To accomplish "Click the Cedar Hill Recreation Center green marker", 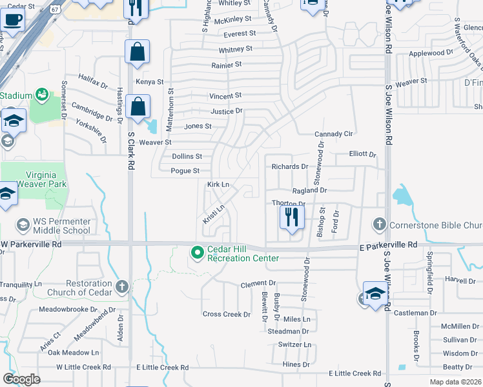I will pyautogui.click(x=198, y=252).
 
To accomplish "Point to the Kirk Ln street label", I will pyautogui.click(x=218, y=184).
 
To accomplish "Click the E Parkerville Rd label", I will pyautogui.click(x=388, y=245).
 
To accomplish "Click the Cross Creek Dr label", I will pyautogui.click(x=226, y=314).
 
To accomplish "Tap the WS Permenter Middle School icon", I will pyautogui.click(x=23, y=224).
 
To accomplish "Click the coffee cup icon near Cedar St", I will pyautogui.click(x=11, y=19).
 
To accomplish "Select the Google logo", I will pyautogui.click(x=21, y=379).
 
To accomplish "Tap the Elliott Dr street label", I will pyautogui.click(x=362, y=154).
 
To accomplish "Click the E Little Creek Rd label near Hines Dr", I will pyautogui.click(x=355, y=373).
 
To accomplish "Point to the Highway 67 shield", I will pyautogui.click(x=56, y=10).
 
